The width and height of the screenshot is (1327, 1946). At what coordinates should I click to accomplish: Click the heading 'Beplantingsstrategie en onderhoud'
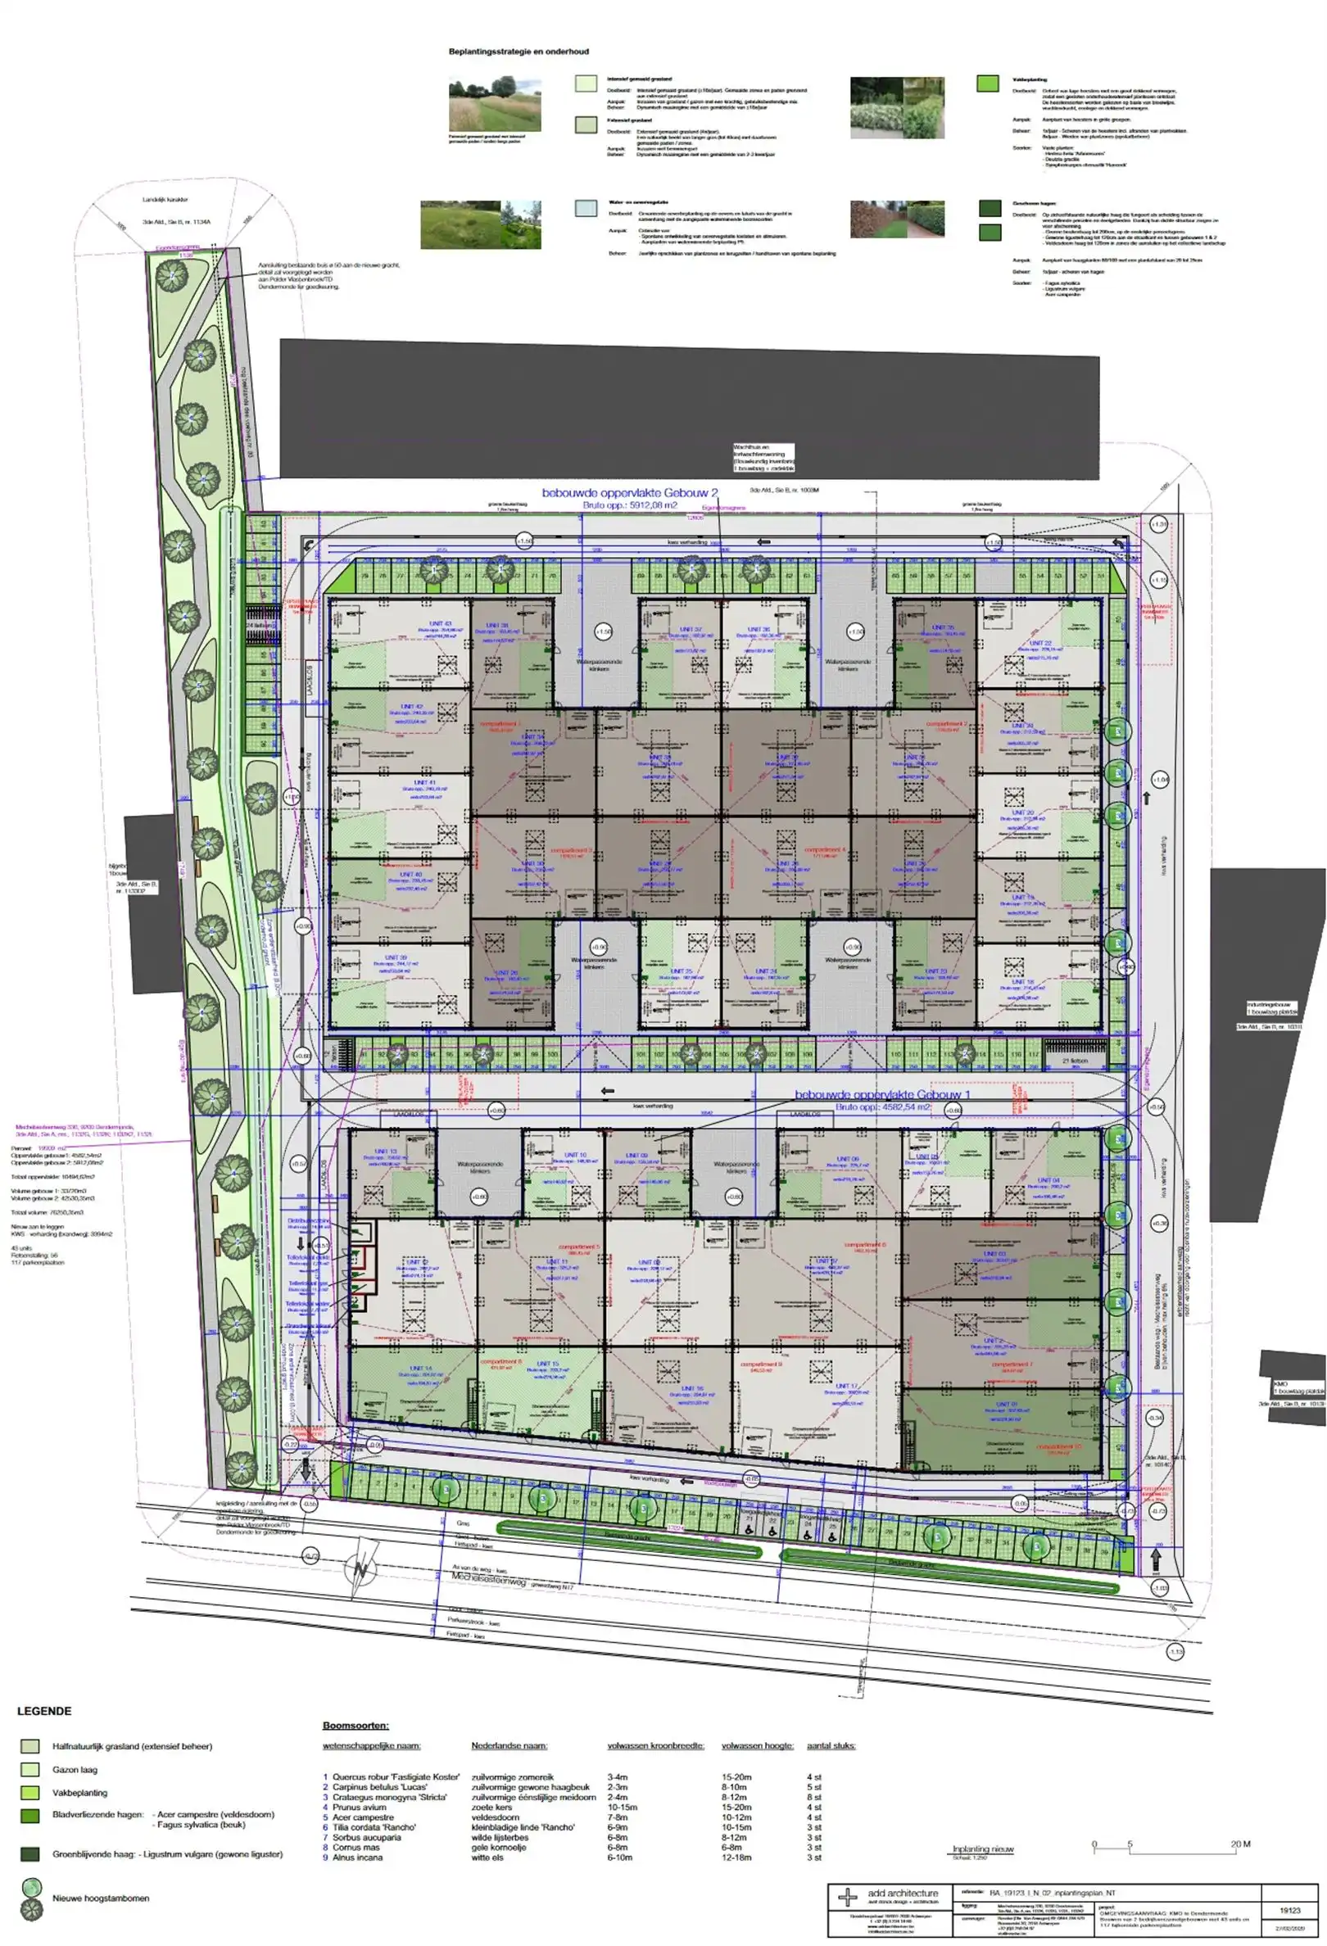click(519, 52)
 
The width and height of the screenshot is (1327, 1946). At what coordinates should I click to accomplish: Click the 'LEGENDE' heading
click(44, 1711)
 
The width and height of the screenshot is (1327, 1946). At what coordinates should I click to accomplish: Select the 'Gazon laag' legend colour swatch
click(30, 1769)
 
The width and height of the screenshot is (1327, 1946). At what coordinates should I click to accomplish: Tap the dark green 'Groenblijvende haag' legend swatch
click(30, 1854)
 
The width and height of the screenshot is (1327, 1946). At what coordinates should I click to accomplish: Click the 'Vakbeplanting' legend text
click(79, 1793)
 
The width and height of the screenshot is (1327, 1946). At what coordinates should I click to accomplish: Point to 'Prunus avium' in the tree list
click(358, 1807)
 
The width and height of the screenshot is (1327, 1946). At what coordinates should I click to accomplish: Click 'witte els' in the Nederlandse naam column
click(487, 1858)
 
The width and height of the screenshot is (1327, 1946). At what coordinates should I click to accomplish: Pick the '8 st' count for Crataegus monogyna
click(813, 1797)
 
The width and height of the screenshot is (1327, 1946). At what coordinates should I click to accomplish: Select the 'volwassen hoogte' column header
click(757, 1746)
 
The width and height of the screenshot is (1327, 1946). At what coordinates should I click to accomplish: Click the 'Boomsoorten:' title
click(356, 1726)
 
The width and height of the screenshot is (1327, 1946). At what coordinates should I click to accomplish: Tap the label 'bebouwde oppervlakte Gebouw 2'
click(630, 492)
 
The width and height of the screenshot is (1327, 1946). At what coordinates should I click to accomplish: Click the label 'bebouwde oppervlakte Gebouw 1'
click(881, 1094)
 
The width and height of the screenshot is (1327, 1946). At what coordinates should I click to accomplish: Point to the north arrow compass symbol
click(361, 1571)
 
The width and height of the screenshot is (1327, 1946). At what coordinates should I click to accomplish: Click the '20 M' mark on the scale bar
click(1240, 1844)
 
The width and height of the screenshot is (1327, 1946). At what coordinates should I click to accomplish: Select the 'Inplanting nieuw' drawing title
click(982, 1849)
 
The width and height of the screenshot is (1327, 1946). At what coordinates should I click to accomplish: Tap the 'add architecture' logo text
click(903, 1894)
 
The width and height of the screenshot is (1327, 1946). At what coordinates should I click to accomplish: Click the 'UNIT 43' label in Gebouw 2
click(441, 624)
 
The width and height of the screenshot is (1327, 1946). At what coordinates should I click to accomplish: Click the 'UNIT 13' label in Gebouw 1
click(386, 1152)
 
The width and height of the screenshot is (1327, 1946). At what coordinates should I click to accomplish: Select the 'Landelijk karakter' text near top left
click(165, 199)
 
